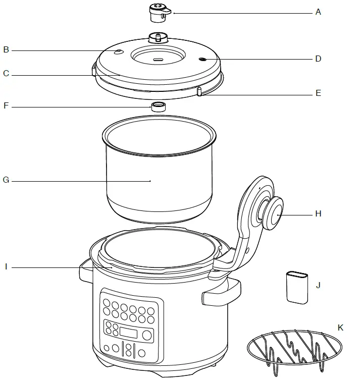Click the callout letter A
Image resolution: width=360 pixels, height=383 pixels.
318,12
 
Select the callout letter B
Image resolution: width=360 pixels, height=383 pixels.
6,49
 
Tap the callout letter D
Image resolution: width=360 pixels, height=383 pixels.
318,59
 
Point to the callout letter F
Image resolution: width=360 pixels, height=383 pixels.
6,106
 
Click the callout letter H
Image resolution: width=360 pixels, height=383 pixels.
318,213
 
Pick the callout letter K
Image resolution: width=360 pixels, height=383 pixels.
340,327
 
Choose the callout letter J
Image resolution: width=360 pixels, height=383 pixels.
318,285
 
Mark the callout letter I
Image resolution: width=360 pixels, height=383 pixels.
6,266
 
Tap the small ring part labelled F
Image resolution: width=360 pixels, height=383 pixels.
159,106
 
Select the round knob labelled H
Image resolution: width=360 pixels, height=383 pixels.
273,213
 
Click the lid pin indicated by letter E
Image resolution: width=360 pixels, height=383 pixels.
199,91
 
